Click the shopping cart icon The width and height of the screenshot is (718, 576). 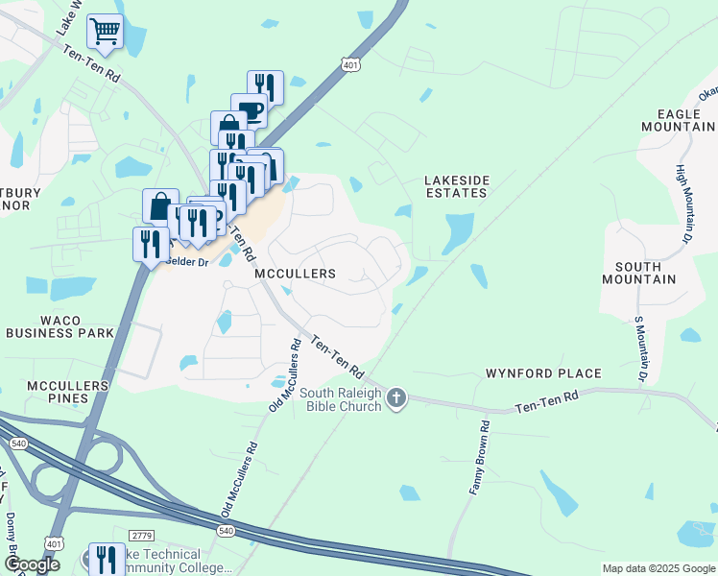105,31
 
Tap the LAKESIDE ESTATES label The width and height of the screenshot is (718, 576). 458,186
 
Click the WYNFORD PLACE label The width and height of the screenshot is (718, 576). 543,373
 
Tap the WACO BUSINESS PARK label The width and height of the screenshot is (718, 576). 60,326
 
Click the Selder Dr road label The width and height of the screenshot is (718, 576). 187,261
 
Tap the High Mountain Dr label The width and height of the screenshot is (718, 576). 683,203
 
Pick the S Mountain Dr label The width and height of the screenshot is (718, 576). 638,348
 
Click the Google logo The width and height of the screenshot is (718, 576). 32,564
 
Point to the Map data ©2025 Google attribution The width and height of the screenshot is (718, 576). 658,568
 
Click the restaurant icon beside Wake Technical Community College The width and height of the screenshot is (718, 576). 106,559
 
